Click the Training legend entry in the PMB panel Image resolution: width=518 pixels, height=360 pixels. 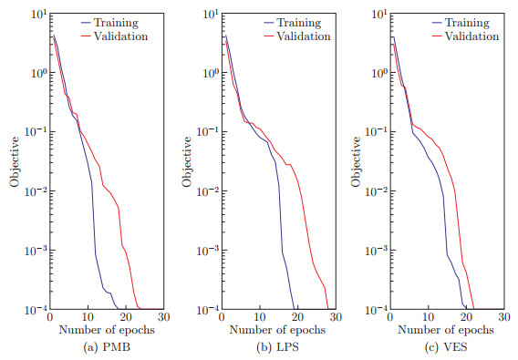click(109, 23)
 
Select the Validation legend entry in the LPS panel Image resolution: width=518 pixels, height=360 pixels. click(297, 36)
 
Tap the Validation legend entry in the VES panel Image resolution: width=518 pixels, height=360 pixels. click(465, 36)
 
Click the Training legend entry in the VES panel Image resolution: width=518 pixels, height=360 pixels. click(461, 23)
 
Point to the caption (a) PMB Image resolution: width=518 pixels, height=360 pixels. click(107, 347)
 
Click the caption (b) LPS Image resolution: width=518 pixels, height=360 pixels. click(277, 347)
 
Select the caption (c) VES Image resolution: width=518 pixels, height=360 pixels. click(446, 347)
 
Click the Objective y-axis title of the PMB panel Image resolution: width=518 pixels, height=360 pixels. click(15, 162)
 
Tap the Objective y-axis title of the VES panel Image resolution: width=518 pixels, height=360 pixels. click(356, 162)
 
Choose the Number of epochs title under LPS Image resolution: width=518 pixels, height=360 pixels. click(277, 330)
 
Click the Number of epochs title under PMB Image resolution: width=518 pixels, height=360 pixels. click(107, 330)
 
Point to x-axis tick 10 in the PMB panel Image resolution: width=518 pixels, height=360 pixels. click(88, 317)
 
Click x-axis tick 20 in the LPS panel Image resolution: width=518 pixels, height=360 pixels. click(297, 317)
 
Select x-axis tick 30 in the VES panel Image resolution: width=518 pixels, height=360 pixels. click(503, 317)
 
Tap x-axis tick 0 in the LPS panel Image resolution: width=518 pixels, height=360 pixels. click(222, 317)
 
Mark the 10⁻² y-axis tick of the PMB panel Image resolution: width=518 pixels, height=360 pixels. click(36, 190)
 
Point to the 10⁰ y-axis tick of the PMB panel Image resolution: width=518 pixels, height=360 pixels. click(39, 72)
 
